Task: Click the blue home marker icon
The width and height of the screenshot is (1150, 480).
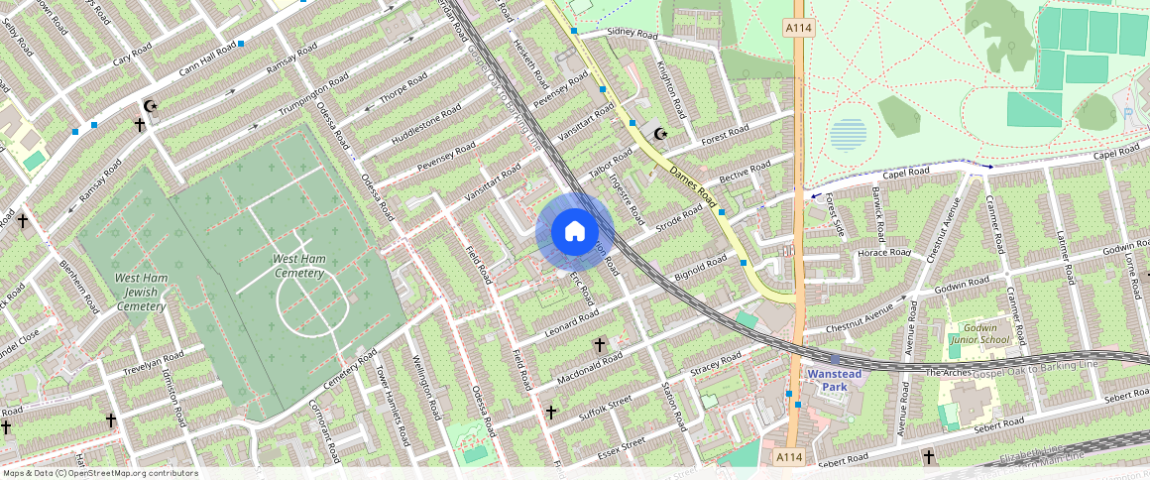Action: (574, 232)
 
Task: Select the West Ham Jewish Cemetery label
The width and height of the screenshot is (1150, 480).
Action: (140, 293)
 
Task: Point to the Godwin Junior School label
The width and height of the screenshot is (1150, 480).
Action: (978, 334)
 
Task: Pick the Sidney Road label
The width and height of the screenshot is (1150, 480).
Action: (632, 34)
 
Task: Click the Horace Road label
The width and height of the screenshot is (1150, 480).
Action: (883, 254)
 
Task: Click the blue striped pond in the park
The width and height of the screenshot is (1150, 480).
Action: (848, 134)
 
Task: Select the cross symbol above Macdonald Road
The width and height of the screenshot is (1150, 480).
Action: (599, 344)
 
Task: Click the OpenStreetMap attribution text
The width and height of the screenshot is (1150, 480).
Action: (99, 473)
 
